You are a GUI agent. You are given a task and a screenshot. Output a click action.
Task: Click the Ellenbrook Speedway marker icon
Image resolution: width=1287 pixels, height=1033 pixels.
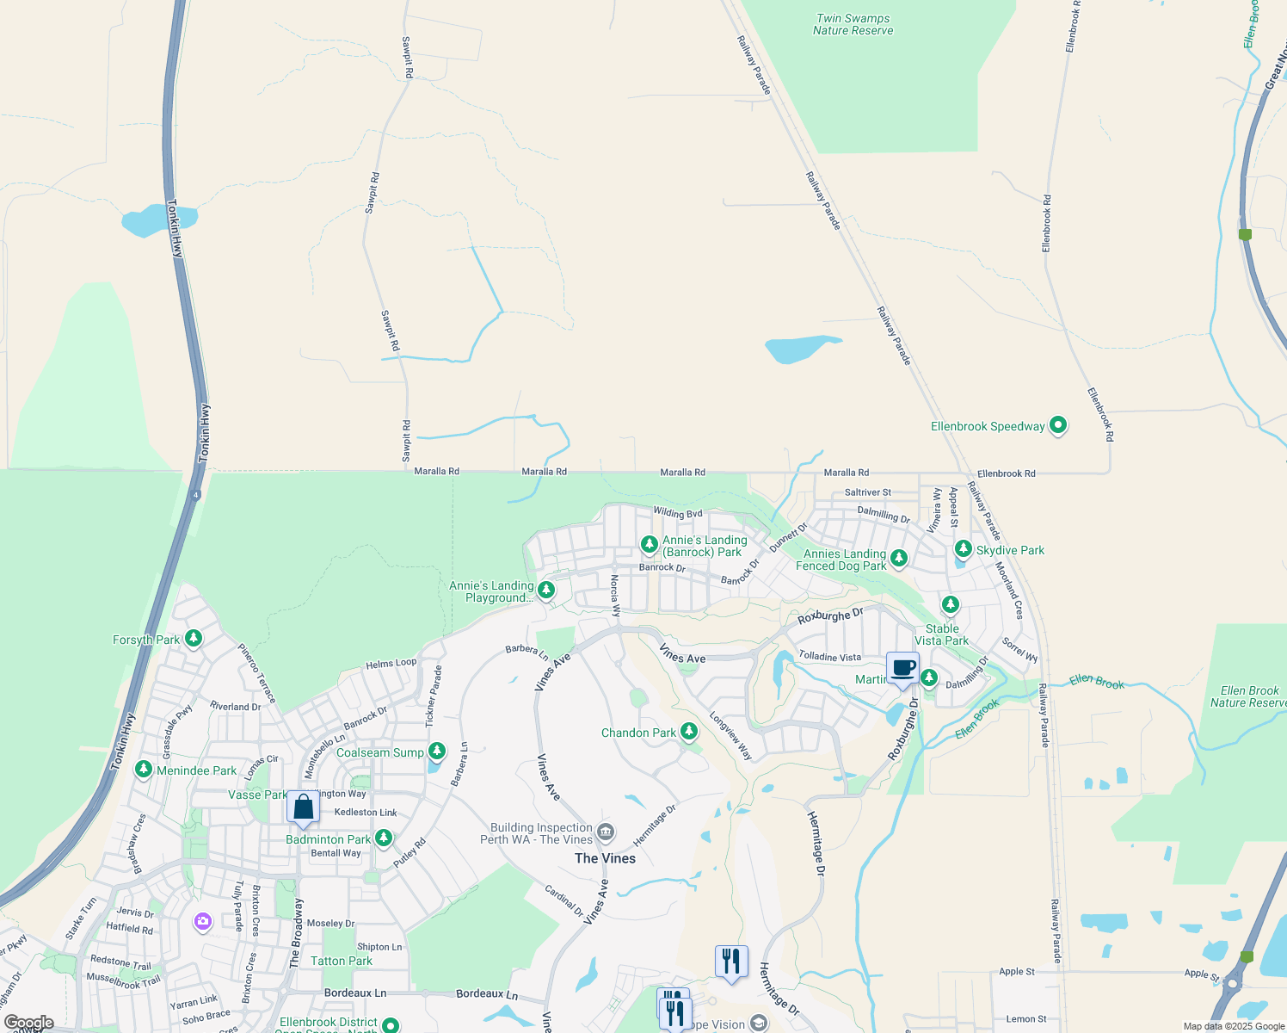[1058, 425]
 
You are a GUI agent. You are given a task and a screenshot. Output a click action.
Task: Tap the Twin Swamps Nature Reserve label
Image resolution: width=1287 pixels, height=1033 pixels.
[853, 24]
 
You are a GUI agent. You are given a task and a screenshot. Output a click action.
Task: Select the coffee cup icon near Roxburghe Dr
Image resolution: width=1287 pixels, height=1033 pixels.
[902, 669]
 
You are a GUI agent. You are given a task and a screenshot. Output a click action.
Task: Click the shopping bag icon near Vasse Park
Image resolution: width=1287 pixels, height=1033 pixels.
[303, 807]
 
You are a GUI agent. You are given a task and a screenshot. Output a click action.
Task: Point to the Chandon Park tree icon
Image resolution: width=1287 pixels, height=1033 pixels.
[688, 732]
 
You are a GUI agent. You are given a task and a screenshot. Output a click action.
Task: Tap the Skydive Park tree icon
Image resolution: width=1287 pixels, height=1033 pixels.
[964, 549]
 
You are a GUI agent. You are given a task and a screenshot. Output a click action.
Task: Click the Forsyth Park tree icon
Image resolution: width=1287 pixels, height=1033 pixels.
[194, 639]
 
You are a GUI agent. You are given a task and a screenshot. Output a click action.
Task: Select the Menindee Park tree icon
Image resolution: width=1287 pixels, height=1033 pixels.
[144, 770]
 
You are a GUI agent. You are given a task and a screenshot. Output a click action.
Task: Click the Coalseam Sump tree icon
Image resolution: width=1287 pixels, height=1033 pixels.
[437, 752]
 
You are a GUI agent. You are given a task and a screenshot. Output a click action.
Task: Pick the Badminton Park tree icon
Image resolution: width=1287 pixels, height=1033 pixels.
[384, 838]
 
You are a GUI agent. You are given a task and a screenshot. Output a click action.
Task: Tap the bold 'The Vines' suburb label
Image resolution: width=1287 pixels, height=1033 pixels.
[605, 858]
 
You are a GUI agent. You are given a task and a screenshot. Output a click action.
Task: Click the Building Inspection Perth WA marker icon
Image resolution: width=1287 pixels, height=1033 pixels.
[606, 832]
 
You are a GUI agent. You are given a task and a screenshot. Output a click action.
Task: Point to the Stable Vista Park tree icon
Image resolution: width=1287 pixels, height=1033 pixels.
[950, 605]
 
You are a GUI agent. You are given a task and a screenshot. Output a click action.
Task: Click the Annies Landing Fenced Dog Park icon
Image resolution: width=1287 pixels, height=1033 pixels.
[899, 559]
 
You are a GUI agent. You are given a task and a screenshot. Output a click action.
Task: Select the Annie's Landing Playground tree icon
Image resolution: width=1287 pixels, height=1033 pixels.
[545, 590]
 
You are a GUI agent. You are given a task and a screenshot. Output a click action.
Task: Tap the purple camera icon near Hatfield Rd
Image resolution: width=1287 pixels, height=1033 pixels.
[203, 922]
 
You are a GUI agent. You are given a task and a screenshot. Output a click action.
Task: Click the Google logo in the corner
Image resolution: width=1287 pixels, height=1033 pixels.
[29, 1023]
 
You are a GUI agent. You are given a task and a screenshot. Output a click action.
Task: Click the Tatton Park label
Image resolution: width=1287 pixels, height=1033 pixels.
[342, 961]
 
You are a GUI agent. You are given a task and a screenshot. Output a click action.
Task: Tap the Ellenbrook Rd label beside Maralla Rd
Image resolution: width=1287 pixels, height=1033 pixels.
[1006, 473]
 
